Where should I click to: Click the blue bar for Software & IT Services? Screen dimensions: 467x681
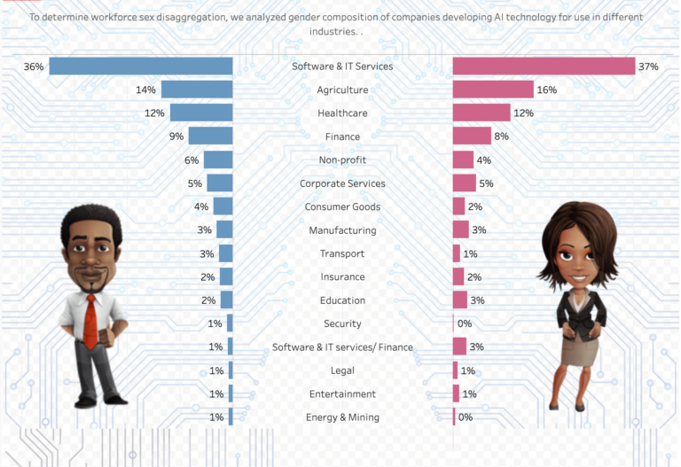coord(140,66)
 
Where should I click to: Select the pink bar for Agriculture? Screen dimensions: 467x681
coord(493,90)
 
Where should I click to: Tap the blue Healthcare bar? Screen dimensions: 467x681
coord(201,113)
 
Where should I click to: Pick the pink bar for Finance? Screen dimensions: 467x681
coord(472,136)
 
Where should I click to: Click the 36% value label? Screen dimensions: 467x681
coord(35,66)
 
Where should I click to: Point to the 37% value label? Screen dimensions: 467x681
coord(660,66)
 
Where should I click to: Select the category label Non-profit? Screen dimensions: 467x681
coord(342,160)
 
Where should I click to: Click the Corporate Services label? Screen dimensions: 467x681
coord(342,183)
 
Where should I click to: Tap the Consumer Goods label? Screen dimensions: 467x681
coord(342,206)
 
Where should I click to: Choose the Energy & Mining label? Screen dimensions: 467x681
coord(342,417)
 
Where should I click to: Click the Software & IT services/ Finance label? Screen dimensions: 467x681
coord(342,347)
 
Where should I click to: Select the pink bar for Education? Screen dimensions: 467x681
coord(460,300)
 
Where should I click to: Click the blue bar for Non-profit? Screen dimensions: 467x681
coord(218,160)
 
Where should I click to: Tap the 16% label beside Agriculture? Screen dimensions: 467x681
coord(546,90)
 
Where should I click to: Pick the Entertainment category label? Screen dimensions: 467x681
coord(342,394)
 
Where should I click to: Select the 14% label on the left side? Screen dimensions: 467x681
coord(145,90)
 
